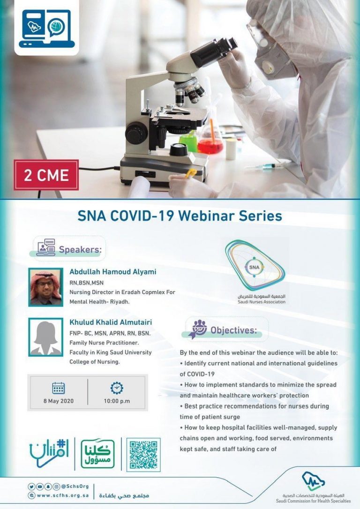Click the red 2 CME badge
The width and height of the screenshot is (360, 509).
46,175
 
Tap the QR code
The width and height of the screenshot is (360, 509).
143,455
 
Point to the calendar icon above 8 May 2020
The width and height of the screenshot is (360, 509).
59,388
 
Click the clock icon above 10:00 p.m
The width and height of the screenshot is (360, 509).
117,388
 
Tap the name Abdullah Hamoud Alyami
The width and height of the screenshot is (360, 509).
112,272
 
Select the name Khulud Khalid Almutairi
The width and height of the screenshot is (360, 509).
111,322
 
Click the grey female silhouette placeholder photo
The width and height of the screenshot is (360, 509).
46,337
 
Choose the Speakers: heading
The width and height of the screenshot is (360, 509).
80,250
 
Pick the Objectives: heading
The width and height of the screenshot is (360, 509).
234,330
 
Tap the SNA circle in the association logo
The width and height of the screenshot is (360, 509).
255,267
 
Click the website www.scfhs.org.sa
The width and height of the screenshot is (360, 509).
63,496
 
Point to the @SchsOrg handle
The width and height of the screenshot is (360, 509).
75,487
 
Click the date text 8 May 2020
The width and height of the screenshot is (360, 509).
59,401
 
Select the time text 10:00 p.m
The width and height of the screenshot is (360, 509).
117,401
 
